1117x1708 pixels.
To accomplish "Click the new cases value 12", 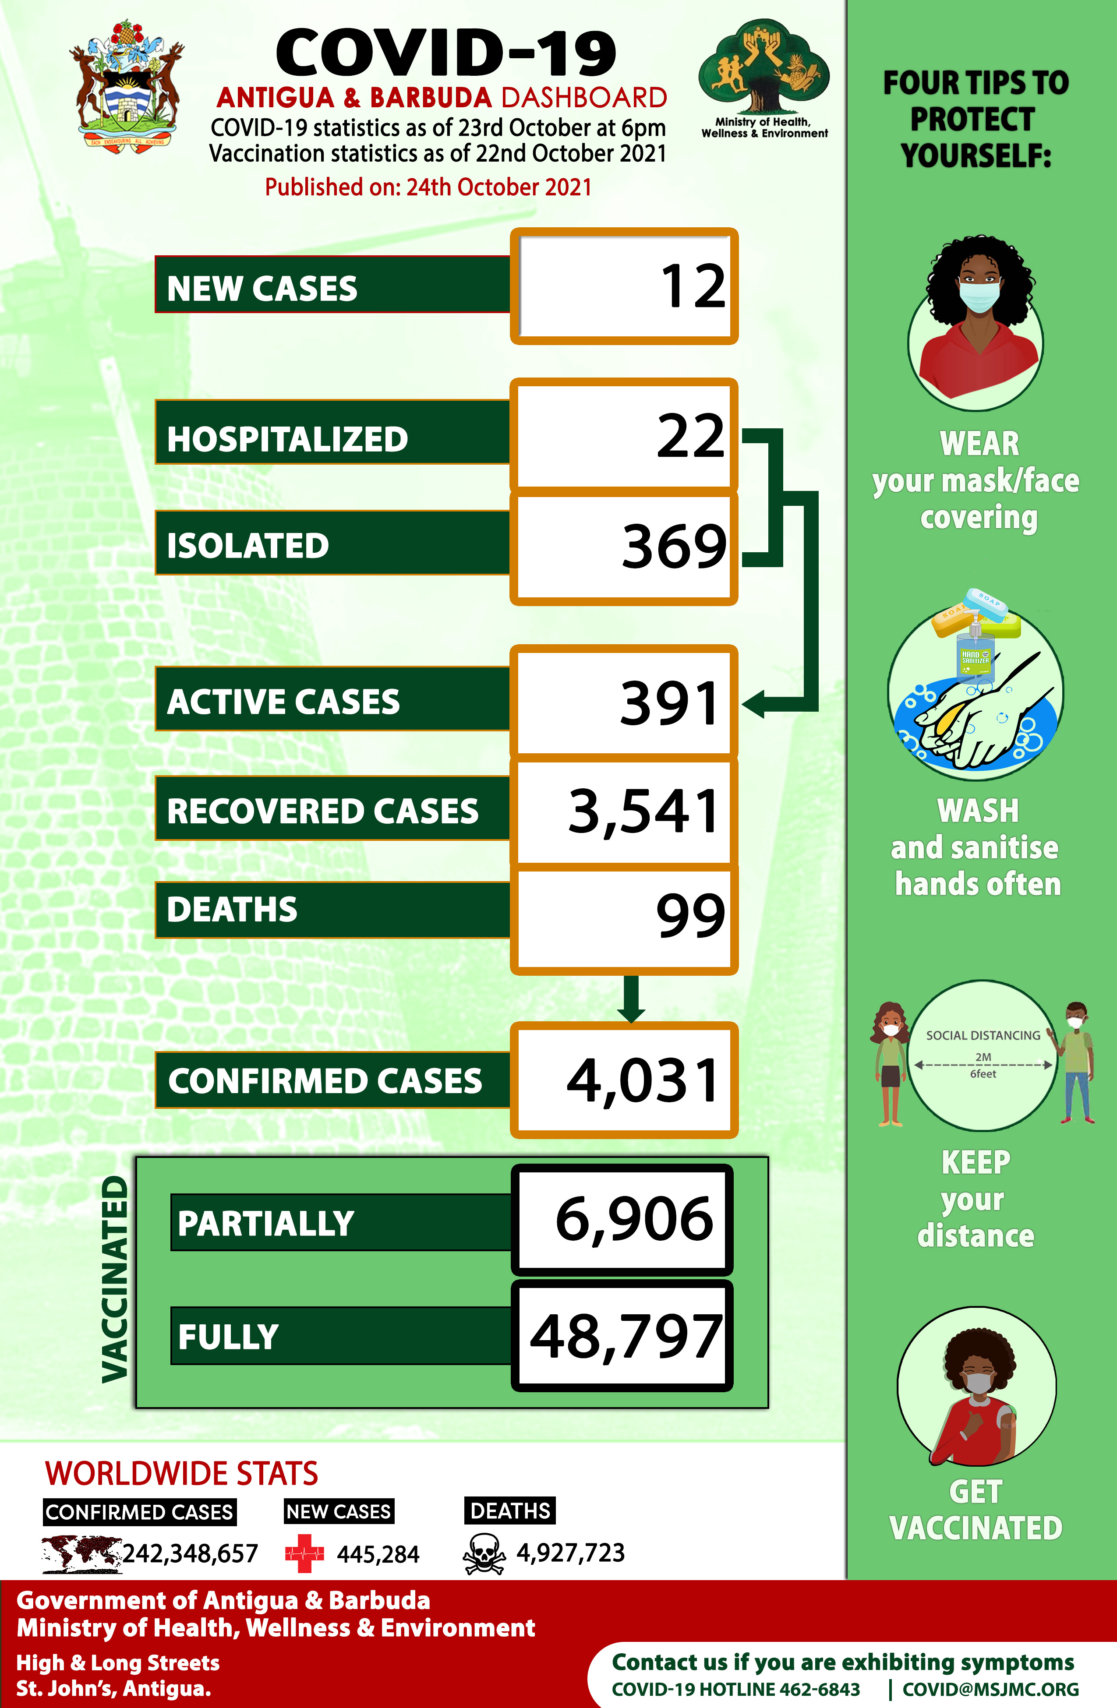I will click(x=692, y=286).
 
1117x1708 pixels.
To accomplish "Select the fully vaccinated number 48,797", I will click(x=625, y=1336).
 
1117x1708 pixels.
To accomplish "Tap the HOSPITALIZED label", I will click(x=287, y=439).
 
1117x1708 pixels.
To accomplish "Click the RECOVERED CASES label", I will click(x=322, y=812).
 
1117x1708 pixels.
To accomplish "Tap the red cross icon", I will click(x=304, y=1554).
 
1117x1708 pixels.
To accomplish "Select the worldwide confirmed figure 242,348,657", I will click(x=190, y=1554).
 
